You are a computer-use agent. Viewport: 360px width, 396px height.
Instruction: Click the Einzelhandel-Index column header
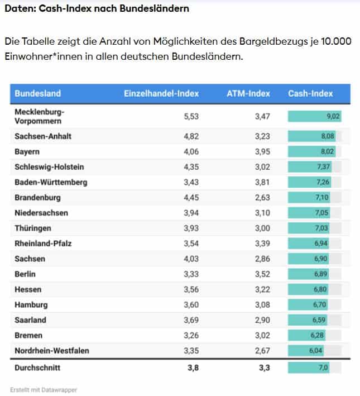(161, 94)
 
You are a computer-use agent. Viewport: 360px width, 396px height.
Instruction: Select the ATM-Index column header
(248, 94)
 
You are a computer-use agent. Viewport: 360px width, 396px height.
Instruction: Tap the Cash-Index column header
(310, 94)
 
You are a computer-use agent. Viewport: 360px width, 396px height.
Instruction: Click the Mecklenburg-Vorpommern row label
(40, 116)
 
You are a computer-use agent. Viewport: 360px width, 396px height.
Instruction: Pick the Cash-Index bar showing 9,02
(315, 116)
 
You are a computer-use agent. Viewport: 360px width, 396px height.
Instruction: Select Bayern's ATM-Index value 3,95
(261, 151)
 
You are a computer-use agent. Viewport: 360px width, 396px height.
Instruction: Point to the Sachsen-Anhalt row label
(43, 136)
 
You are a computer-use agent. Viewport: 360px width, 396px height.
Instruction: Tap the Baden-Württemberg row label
(51, 182)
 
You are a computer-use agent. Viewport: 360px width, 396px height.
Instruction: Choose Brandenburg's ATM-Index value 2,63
(261, 198)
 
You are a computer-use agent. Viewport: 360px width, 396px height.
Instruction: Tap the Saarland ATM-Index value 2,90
(261, 321)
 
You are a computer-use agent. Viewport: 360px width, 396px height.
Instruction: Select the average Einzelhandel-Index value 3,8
(193, 368)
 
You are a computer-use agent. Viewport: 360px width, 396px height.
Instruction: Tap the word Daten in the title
(18, 9)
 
